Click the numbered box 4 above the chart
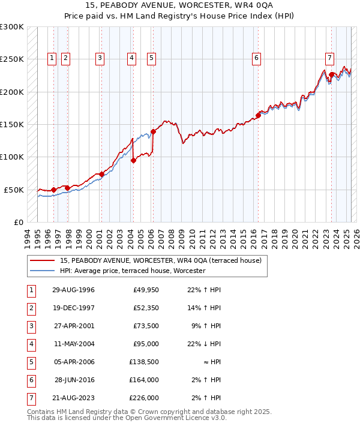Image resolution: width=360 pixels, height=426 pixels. [x=131, y=58]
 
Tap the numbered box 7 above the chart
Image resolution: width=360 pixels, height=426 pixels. [x=329, y=58]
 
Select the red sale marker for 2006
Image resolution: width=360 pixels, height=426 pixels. [x=153, y=131]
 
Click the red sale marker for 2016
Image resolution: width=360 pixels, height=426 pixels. [x=259, y=115]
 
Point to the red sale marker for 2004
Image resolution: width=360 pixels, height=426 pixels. [x=133, y=160]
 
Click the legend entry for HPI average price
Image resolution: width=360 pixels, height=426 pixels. [x=133, y=271]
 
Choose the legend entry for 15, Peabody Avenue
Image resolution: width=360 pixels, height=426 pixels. [x=160, y=261]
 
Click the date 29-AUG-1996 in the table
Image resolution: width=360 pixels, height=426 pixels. [x=73, y=290]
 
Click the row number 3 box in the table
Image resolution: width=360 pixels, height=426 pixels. [x=31, y=326]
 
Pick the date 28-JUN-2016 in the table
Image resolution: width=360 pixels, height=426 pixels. [x=73, y=380]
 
